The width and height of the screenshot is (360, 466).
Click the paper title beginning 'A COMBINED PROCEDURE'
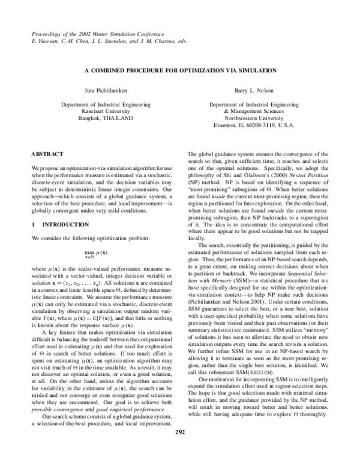point(180,70)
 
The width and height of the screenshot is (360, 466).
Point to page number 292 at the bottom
point(180,449)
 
